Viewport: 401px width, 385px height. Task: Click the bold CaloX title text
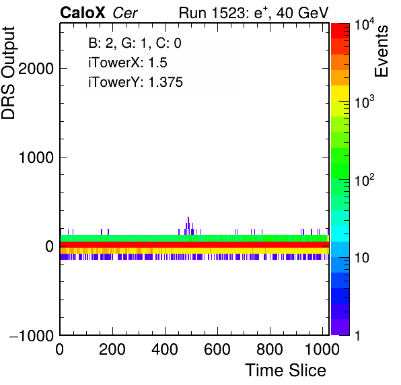pos(83,13)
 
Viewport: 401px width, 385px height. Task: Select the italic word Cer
pos(125,13)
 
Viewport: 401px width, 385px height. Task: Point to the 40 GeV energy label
pos(302,13)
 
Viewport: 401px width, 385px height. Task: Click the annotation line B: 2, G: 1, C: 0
pos(135,43)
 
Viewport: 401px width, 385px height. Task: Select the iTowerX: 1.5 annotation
pos(128,63)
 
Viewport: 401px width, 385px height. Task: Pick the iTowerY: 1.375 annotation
pos(135,82)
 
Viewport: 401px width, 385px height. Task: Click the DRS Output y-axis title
pos(8,73)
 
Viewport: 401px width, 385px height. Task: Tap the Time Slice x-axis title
pos(286,370)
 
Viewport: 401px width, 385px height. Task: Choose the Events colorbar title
pos(381,51)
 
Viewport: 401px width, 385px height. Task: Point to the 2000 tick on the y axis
pos(36,69)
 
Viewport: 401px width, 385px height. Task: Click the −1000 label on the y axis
pos(32,335)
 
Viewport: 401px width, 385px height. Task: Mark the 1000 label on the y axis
pos(36,157)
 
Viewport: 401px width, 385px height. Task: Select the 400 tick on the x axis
pos(165,349)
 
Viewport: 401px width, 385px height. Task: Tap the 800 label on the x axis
pos(270,349)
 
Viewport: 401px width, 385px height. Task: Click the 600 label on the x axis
pos(217,349)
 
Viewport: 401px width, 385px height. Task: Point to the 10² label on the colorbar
pos(364,180)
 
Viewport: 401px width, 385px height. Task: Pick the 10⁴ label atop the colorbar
pos(364,25)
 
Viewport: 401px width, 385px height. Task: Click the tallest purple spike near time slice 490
pos(188,225)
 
